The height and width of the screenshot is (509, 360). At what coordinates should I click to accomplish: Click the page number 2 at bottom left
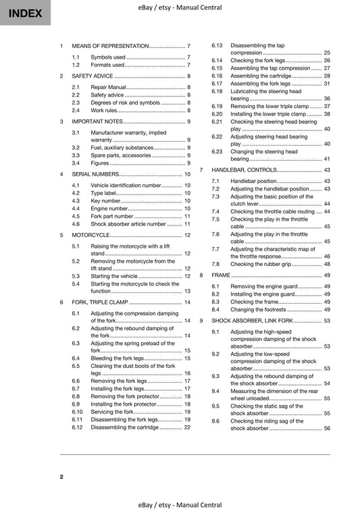click(x=61, y=477)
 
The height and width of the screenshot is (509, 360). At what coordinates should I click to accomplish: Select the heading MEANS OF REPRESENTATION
click(x=110, y=45)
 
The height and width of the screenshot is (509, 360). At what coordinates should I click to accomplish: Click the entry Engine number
click(x=109, y=209)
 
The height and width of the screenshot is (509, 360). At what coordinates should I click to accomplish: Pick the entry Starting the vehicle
click(x=114, y=276)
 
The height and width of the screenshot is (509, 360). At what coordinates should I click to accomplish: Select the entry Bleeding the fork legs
click(x=117, y=358)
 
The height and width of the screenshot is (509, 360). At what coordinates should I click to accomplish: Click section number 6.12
click(x=78, y=427)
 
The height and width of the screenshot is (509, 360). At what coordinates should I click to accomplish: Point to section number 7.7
click(x=215, y=249)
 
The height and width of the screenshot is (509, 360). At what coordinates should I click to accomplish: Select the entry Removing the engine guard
click(x=263, y=287)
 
